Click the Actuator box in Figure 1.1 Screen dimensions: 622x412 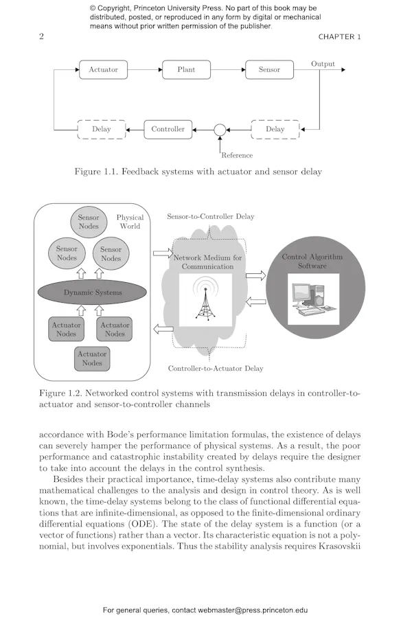[104, 69]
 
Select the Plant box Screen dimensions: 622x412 [186, 69]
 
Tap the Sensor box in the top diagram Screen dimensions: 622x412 [269, 69]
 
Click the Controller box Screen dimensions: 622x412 [168, 129]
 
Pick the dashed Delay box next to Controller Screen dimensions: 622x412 [102, 129]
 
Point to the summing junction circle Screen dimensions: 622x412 [220, 129]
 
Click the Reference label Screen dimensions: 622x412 [237, 155]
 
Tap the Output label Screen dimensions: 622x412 [323, 64]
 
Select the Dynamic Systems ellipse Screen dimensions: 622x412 [93, 292]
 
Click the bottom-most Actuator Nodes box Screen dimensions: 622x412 [92, 358]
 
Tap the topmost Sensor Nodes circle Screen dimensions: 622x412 [89, 222]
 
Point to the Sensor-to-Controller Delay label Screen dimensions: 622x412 [211, 217]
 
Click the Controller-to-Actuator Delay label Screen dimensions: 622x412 [216, 369]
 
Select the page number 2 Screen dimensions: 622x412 [41, 37]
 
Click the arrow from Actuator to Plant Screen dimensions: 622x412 [146, 69]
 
